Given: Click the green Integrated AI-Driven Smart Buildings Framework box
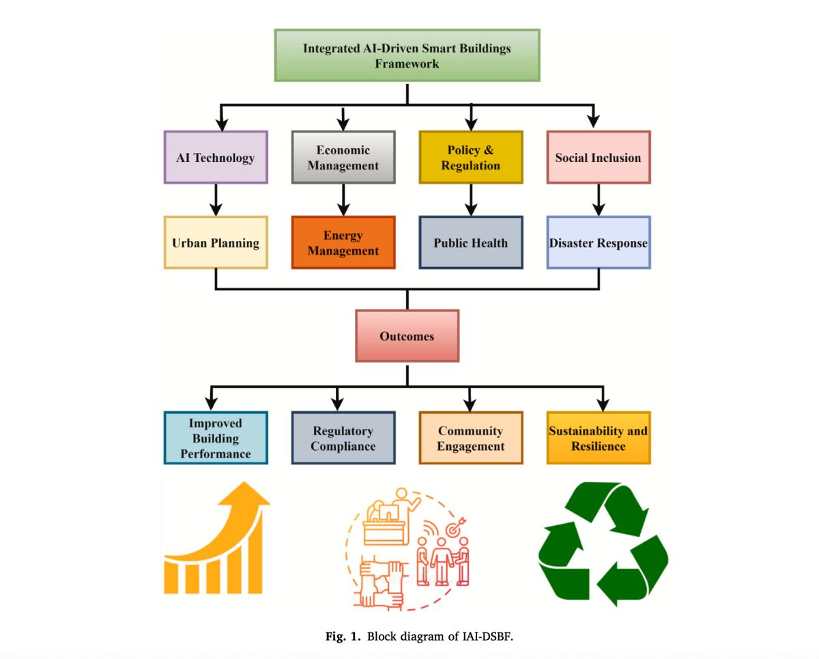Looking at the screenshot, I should click(x=407, y=55).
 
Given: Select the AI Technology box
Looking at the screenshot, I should click(x=216, y=158).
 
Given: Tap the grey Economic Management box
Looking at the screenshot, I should click(x=343, y=158).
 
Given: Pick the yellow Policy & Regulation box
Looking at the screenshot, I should click(x=471, y=158).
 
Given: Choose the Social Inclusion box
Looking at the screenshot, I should click(x=599, y=158).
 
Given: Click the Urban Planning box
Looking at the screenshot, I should click(x=216, y=243).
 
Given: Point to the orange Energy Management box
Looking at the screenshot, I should click(x=343, y=243).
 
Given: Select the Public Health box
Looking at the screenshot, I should click(x=471, y=243).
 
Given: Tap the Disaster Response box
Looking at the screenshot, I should click(x=599, y=243).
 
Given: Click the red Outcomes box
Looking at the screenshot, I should click(x=407, y=336).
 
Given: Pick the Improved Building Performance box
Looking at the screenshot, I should click(x=216, y=438).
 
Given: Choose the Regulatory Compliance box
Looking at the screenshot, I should click(x=343, y=438).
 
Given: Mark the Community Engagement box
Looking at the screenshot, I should click(x=471, y=438).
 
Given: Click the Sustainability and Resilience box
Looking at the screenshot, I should click(x=599, y=438).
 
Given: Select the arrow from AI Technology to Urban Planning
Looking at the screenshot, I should click(x=216, y=200).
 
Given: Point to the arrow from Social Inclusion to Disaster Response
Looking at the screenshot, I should click(x=599, y=200).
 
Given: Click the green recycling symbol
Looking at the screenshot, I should click(x=603, y=544).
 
